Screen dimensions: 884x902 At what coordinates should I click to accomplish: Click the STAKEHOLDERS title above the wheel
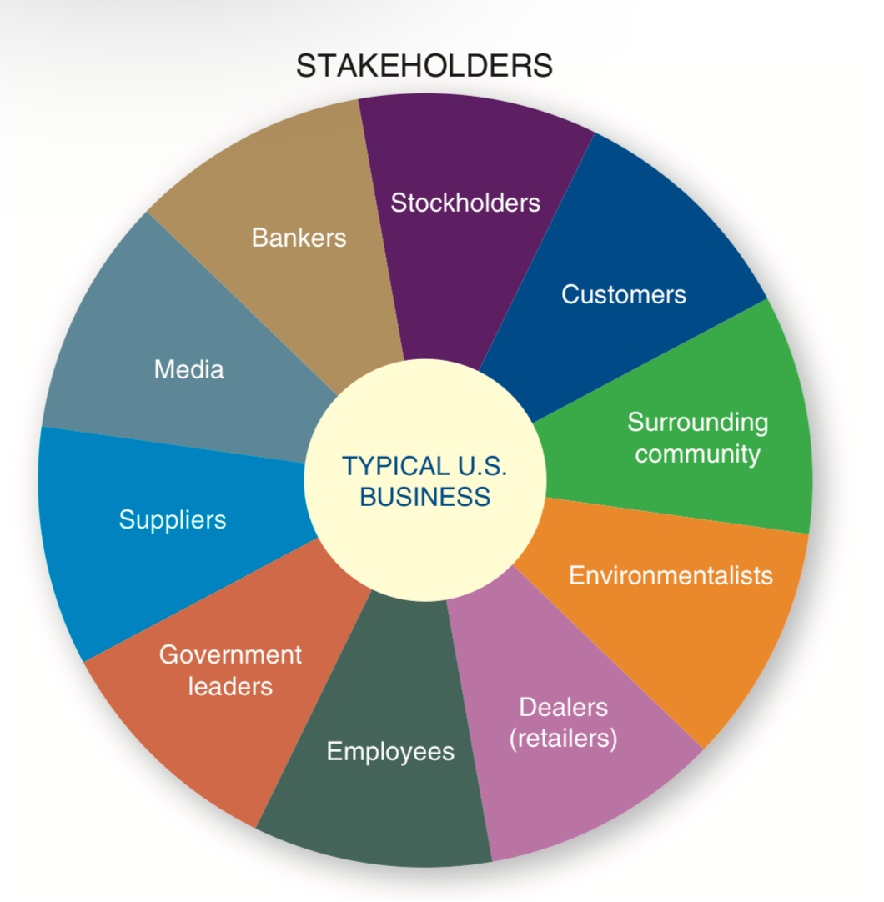click(x=424, y=66)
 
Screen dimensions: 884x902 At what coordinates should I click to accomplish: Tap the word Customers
click(x=623, y=294)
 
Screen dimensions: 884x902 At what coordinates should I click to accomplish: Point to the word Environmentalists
click(x=671, y=575)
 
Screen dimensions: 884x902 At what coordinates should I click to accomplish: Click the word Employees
click(x=390, y=751)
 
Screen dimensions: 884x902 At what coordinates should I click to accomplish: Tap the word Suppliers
click(x=173, y=519)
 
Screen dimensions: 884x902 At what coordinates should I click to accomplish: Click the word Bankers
click(x=299, y=238)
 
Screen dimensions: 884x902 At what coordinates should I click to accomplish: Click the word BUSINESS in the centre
click(x=425, y=497)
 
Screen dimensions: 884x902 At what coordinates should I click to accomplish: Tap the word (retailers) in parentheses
click(x=564, y=739)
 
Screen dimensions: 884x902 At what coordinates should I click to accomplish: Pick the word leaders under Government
click(x=230, y=686)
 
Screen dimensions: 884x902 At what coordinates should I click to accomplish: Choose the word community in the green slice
click(x=697, y=454)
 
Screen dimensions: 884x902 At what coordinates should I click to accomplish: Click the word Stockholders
click(x=465, y=203)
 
